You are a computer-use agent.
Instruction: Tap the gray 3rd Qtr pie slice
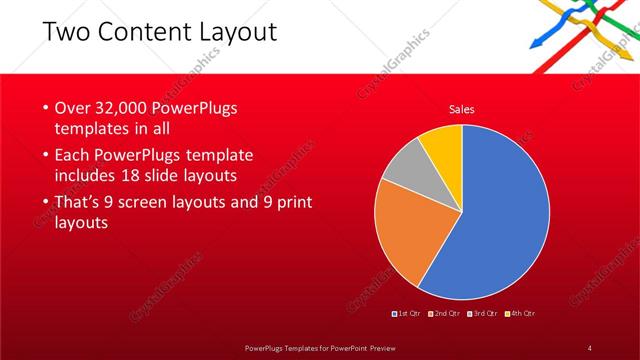[x=405, y=168]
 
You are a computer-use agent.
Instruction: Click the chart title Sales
[x=461, y=109]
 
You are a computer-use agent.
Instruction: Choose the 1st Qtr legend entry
[x=408, y=315]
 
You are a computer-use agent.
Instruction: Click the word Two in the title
[x=64, y=33]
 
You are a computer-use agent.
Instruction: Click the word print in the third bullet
[x=292, y=203]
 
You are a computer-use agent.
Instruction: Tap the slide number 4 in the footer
[x=589, y=347]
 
